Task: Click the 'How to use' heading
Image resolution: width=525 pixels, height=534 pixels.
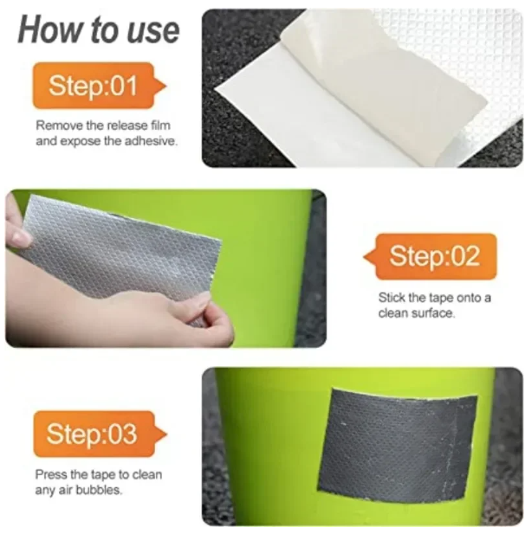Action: pos(98,30)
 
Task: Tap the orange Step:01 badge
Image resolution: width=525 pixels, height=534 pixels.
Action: pos(99,85)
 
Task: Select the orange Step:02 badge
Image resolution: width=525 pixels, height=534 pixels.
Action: pos(431,256)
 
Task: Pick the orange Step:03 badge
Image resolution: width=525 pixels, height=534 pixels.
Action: pos(100,434)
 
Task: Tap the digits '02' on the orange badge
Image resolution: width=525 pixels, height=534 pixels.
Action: pos(466,256)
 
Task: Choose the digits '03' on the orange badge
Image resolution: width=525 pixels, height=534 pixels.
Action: pos(122,434)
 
